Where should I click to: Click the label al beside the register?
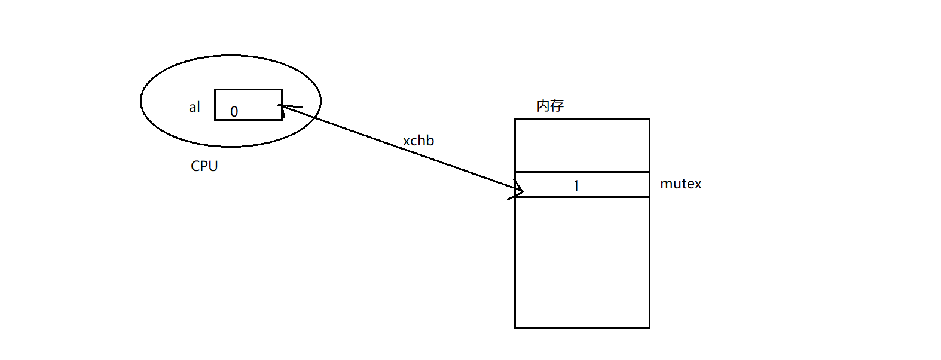click(x=194, y=107)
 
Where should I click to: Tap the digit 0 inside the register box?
click(x=234, y=112)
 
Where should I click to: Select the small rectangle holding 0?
click(x=248, y=105)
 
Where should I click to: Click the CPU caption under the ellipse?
click(x=204, y=166)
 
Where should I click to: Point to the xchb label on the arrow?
click(x=418, y=141)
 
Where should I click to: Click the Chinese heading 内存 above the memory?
click(x=550, y=106)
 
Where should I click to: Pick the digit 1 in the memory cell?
click(x=576, y=185)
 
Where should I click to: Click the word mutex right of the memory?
click(x=681, y=184)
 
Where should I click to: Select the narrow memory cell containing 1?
click(x=604, y=184)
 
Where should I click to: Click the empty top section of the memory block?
click(x=582, y=145)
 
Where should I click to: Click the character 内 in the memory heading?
click(x=543, y=106)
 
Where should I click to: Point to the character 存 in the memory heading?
click(x=557, y=106)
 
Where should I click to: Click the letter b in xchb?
click(x=430, y=141)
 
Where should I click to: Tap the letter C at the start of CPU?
click(x=195, y=166)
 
